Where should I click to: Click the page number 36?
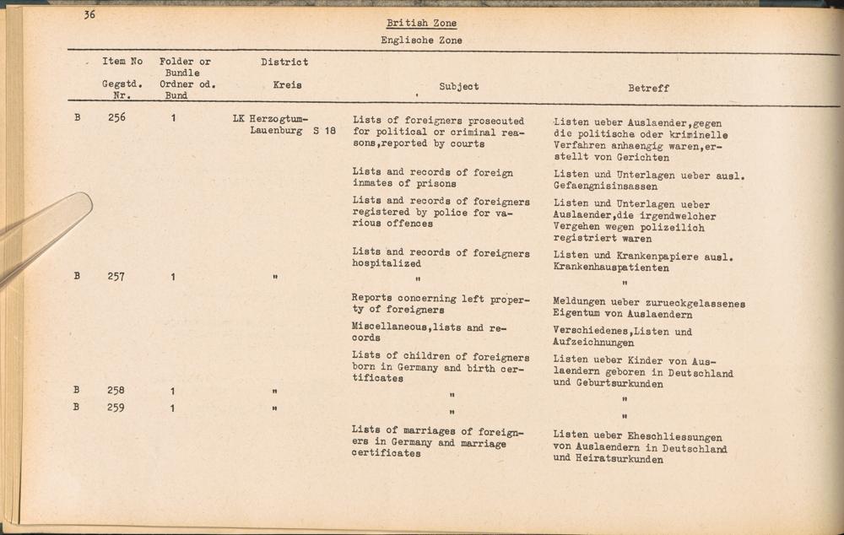pyautogui.click(x=89, y=14)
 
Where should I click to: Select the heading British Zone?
pyautogui.click(x=421, y=24)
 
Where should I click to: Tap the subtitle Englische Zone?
pyautogui.click(x=421, y=40)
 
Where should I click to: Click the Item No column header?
pyautogui.click(x=122, y=62)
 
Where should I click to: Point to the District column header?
pyautogui.click(x=284, y=62)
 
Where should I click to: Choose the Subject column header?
pyautogui.click(x=459, y=86)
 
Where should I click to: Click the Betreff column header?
pyautogui.click(x=648, y=87)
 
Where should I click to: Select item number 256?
pyautogui.click(x=116, y=118)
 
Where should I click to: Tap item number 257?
pyautogui.click(x=116, y=276)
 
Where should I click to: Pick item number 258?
pyautogui.click(x=116, y=391)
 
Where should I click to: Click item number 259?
pyautogui.click(x=116, y=408)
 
